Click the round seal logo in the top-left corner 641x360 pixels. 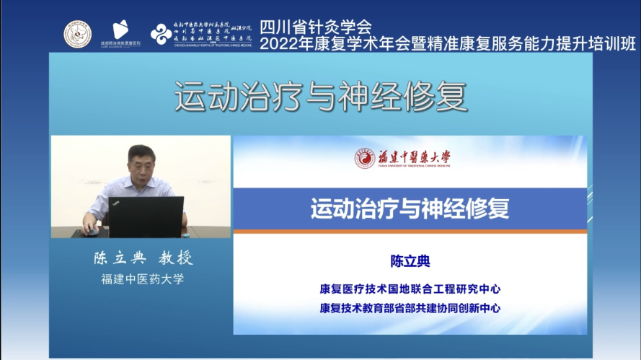(x=78, y=33)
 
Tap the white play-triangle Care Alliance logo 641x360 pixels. (x=120, y=30)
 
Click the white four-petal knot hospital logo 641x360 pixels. (x=160, y=32)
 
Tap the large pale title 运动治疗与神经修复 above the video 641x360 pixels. (x=320, y=96)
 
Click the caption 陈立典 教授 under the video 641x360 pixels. (x=143, y=259)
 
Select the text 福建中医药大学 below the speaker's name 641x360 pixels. (x=143, y=280)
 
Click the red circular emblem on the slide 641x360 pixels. (x=364, y=159)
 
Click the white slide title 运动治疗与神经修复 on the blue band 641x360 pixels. (x=410, y=208)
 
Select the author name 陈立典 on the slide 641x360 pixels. (x=410, y=260)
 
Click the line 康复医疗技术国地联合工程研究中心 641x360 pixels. (x=410, y=289)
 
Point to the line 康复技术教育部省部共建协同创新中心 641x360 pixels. (x=410, y=308)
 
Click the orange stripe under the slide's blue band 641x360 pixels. (x=410, y=232)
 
